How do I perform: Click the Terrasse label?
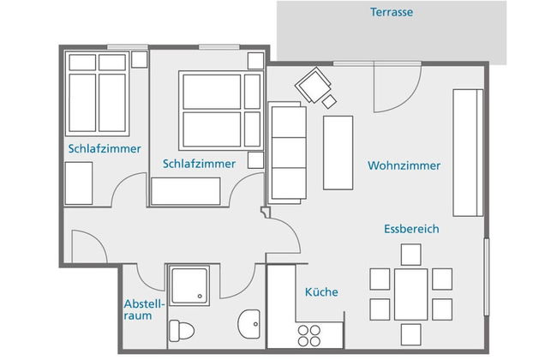392,12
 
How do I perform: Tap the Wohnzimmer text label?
404,165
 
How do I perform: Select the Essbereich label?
411,229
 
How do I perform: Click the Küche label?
321,292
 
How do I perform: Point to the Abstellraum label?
138,309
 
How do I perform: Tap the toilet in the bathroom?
179,331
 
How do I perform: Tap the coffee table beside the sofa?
338,152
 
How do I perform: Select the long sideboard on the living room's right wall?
468,152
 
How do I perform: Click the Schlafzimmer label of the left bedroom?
97,148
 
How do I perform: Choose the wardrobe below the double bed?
186,191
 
